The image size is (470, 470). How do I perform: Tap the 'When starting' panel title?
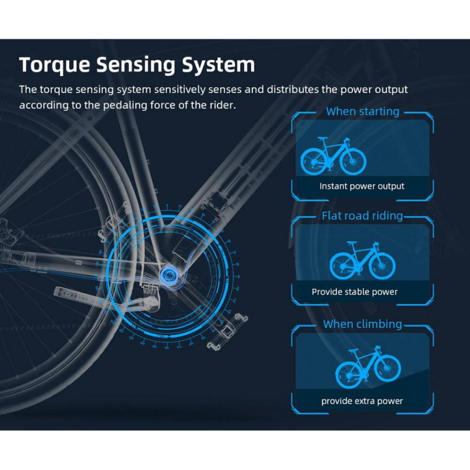pyautogui.click(x=363, y=112)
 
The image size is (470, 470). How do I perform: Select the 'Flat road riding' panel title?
pyautogui.click(x=362, y=216)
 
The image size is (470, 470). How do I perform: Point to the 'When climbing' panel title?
pyautogui.click(x=362, y=324)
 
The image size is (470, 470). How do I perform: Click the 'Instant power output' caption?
pyautogui.click(x=362, y=186)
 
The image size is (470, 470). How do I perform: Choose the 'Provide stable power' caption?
pyautogui.click(x=354, y=292)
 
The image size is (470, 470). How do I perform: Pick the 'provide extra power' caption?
pyautogui.click(x=362, y=401)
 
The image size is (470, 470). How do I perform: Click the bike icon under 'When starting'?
pyautogui.click(x=333, y=156)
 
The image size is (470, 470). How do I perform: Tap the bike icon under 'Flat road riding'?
pyautogui.click(x=362, y=261)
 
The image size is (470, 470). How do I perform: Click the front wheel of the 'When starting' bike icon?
pyautogui.click(x=353, y=162)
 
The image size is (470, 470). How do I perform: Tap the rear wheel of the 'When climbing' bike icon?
pyautogui.click(x=348, y=375)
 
